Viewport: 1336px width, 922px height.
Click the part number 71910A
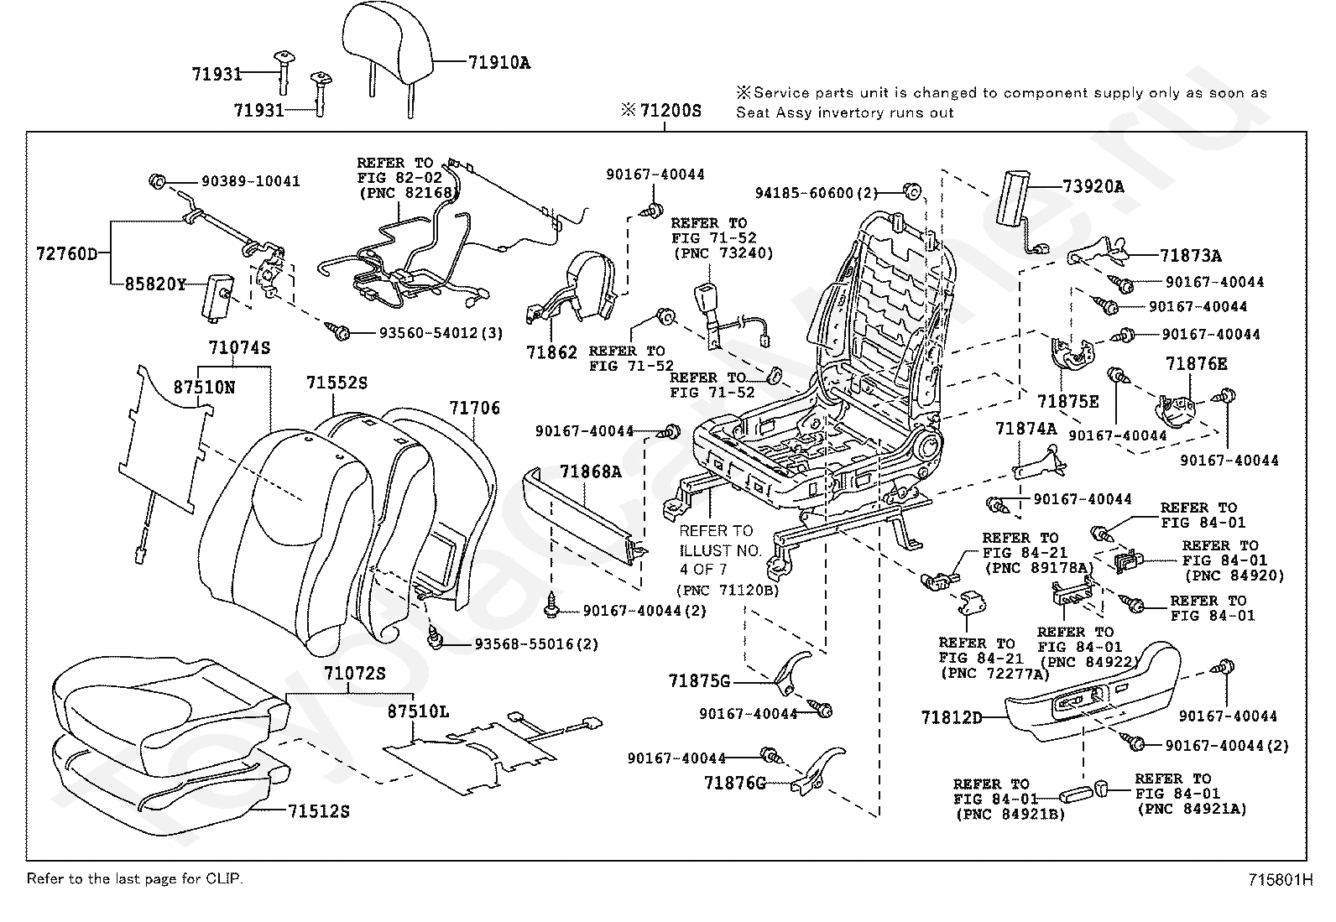498,61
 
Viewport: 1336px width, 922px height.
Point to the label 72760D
67,253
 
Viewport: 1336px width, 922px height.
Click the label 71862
551,352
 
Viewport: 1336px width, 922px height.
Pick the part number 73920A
1093,186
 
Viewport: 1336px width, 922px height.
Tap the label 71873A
1191,256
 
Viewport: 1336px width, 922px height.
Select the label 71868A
591,471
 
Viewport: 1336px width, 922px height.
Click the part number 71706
474,408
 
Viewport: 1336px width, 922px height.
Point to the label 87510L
418,711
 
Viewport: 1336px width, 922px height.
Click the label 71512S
318,811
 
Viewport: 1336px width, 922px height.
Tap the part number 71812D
951,717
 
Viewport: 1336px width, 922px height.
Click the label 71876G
735,783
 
